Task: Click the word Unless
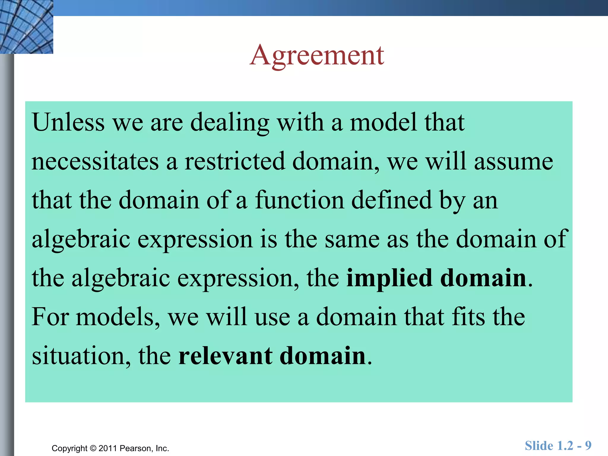point(68,122)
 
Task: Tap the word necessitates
point(95,162)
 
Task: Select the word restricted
point(235,162)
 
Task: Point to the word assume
point(513,162)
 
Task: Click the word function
point(299,200)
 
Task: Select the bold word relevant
point(225,356)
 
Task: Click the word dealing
point(229,122)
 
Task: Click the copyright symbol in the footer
point(93,448)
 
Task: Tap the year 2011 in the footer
point(108,448)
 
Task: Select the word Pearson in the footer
point(136,448)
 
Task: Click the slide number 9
point(588,446)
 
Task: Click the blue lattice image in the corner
point(26,27)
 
